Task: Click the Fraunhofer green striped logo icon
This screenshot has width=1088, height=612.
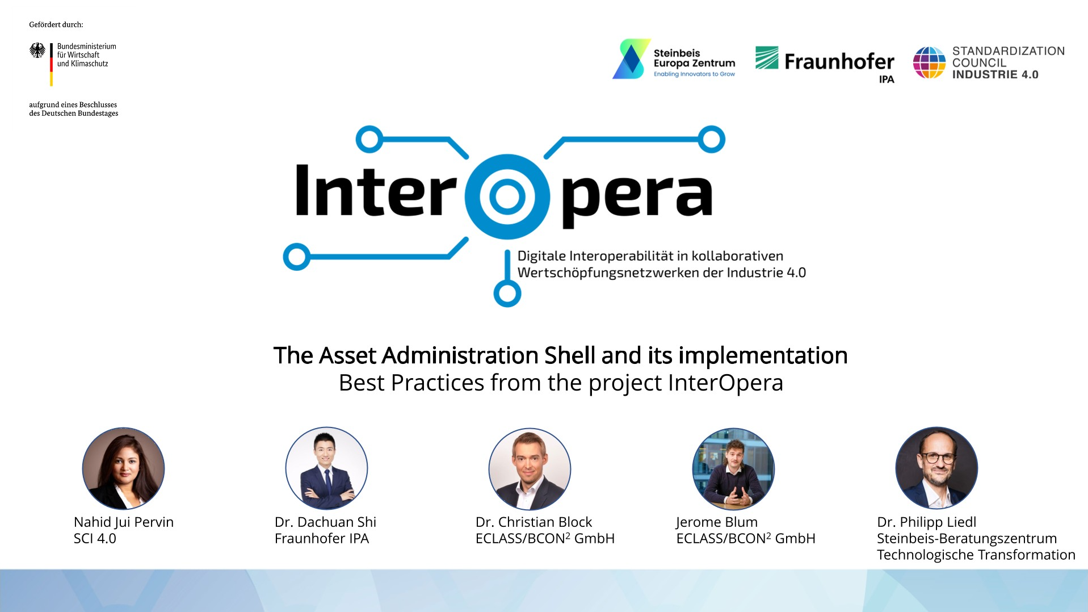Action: click(x=767, y=57)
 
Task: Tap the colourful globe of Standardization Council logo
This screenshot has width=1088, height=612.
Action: click(x=929, y=62)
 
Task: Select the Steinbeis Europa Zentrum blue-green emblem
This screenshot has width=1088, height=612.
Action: click(x=631, y=58)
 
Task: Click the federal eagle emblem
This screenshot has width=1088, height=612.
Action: click(x=37, y=51)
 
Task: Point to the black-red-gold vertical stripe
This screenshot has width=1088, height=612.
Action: click(x=51, y=65)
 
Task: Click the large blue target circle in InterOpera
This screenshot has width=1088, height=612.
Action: click(x=507, y=196)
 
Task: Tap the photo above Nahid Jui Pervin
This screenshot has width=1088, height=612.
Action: click(x=123, y=468)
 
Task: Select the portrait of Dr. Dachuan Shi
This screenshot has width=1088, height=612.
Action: click(x=326, y=468)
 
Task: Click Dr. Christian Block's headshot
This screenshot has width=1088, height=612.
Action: click(x=530, y=468)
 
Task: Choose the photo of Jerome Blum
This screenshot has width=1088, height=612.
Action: click(x=733, y=468)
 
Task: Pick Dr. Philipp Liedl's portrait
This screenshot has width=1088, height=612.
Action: click(x=936, y=468)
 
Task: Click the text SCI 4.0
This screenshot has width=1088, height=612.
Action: click(x=95, y=538)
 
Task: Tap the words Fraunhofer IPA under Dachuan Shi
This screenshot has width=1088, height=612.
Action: click(x=322, y=538)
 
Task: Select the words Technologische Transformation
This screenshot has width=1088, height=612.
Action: click(x=976, y=555)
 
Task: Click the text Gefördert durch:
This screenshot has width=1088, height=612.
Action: click(x=56, y=24)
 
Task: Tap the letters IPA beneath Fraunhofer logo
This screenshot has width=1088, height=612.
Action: click(x=887, y=79)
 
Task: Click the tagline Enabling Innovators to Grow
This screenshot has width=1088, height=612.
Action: click(x=694, y=74)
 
